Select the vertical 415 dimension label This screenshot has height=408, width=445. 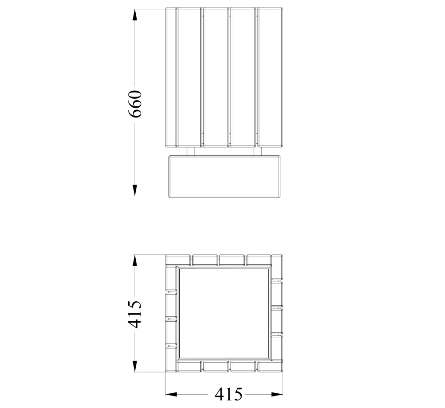(x=134, y=314)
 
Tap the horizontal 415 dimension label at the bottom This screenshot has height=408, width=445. (x=229, y=394)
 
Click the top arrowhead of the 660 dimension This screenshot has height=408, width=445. (x=135, y=15)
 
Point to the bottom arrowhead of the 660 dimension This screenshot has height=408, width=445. (x=135, y=190)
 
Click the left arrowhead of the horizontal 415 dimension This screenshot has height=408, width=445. (x=171, y=394)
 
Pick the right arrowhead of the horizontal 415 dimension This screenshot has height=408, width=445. (x=277, y=394)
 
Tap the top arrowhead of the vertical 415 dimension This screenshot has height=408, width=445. (x=135, y=260)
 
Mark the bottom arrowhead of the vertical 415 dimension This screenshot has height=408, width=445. (x=135, y=366)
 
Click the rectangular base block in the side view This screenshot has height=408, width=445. (x=224, y=176)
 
